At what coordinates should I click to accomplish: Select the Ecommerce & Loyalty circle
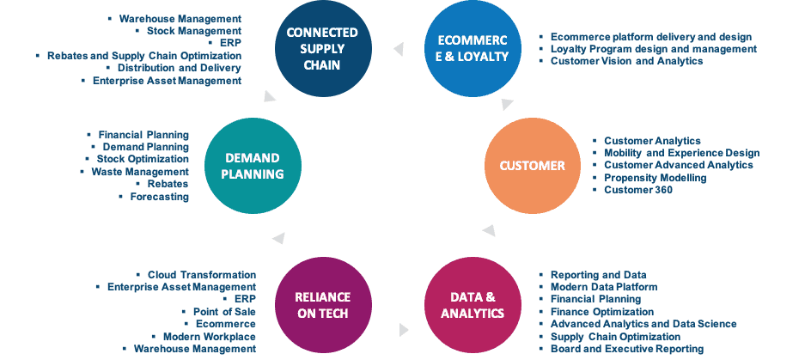click(473, 49)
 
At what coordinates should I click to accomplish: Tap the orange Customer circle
click(533, 166)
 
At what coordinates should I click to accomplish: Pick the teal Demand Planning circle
click(253, 166)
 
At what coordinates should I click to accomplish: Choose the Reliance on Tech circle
click(323, 305)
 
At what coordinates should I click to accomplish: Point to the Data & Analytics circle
click(473, 305)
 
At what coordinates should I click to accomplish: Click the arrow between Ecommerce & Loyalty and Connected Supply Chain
click(399, 49)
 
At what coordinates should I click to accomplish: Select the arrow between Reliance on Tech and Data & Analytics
click(404, 329)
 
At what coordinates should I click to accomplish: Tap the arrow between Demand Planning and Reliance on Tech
click(278, 238)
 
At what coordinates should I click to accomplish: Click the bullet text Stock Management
click(194, 31)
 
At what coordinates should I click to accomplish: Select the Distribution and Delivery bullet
click(180, 68)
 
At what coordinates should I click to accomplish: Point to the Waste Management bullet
click(140, 171)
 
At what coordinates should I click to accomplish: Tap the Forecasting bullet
click(159, 197)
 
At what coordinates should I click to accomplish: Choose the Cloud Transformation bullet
click(202, 275)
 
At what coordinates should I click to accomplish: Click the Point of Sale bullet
click(224, 311)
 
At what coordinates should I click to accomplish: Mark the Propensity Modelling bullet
click(656, 177)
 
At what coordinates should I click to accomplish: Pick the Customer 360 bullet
click(638, 190)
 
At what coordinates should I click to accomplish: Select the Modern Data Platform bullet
click(604, 287)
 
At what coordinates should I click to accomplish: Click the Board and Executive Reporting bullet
click(627, 349)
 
